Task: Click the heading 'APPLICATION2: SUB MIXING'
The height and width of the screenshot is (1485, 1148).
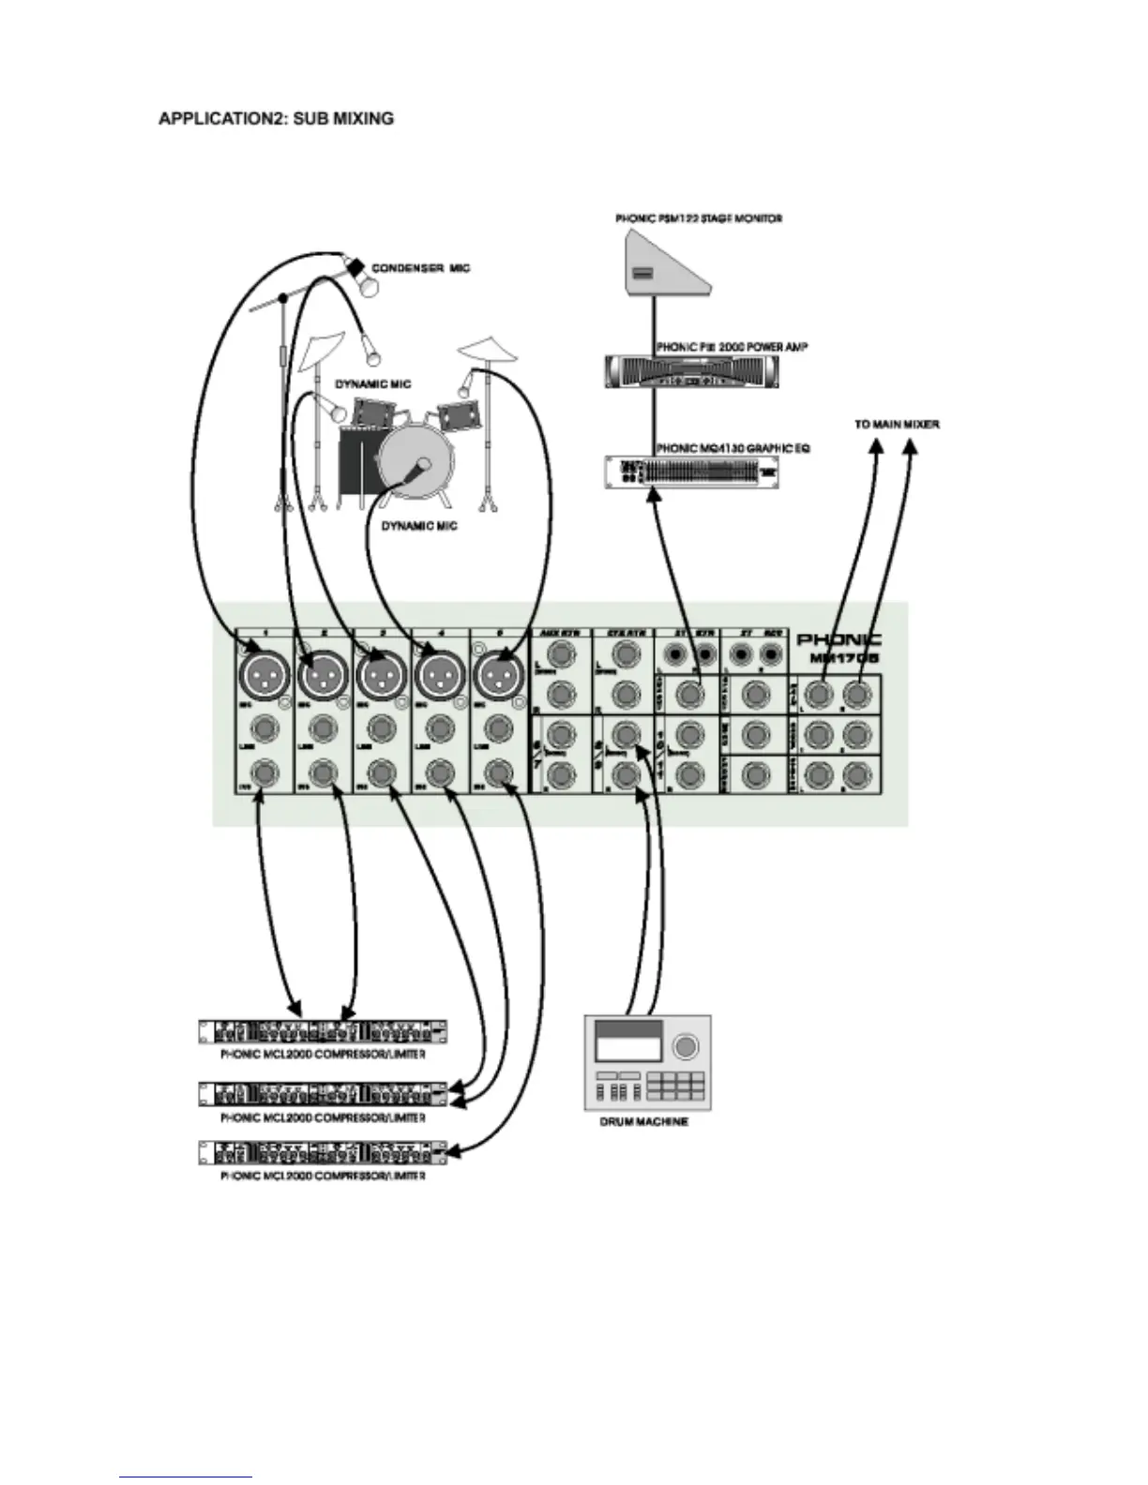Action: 276,119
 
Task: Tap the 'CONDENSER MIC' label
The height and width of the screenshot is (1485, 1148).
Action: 420,268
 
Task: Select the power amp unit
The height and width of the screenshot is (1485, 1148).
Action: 691,371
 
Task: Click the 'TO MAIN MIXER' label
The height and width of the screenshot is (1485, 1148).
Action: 897,425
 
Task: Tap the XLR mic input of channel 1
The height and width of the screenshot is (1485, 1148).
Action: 265,672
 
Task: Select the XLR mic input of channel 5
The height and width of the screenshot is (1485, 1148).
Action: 497,672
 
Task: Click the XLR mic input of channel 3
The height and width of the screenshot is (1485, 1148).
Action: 381,672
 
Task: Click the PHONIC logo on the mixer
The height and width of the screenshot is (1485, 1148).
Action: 838,639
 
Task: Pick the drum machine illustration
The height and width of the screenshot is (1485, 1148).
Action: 647,1061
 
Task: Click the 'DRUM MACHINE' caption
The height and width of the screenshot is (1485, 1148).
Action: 643,1121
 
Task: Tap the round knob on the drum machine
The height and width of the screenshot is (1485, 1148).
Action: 687,1045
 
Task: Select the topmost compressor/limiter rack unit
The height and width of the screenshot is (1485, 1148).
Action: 323,1032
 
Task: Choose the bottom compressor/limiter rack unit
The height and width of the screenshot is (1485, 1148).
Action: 323,1153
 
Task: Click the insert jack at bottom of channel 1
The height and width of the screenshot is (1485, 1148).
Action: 265,772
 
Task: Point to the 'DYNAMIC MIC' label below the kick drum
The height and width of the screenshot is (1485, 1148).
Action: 419,526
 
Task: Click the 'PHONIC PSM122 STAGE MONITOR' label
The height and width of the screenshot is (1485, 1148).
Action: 699,218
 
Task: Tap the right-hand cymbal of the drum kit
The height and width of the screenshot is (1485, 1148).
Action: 489,350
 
